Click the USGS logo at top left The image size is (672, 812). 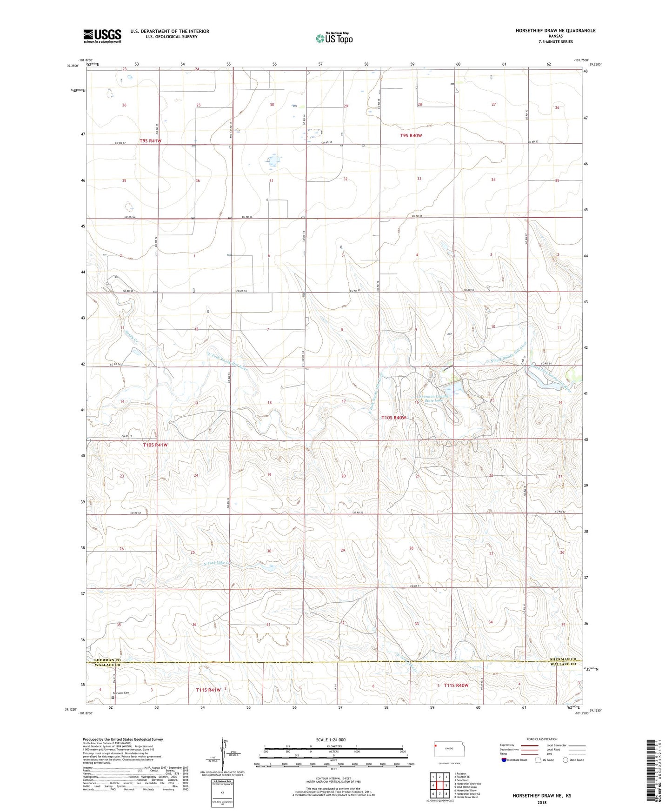click(102, 36)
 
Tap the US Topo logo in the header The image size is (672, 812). click(333, 38)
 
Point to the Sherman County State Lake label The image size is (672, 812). click(431, 399)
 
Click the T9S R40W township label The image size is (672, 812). click(411, 135)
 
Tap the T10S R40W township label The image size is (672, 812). click(393, 418)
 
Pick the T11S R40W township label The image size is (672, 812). click(456, 686)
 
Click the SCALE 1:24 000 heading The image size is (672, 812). click(330, 740)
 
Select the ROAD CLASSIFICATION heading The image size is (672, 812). click(542, 739)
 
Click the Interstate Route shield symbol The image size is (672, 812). click(504, 760)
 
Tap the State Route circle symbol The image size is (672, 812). click(565, 760)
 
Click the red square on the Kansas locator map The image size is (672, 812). click(437, 758)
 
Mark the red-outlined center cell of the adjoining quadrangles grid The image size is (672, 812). click(439, 785)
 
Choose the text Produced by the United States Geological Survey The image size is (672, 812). click(123, 739)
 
